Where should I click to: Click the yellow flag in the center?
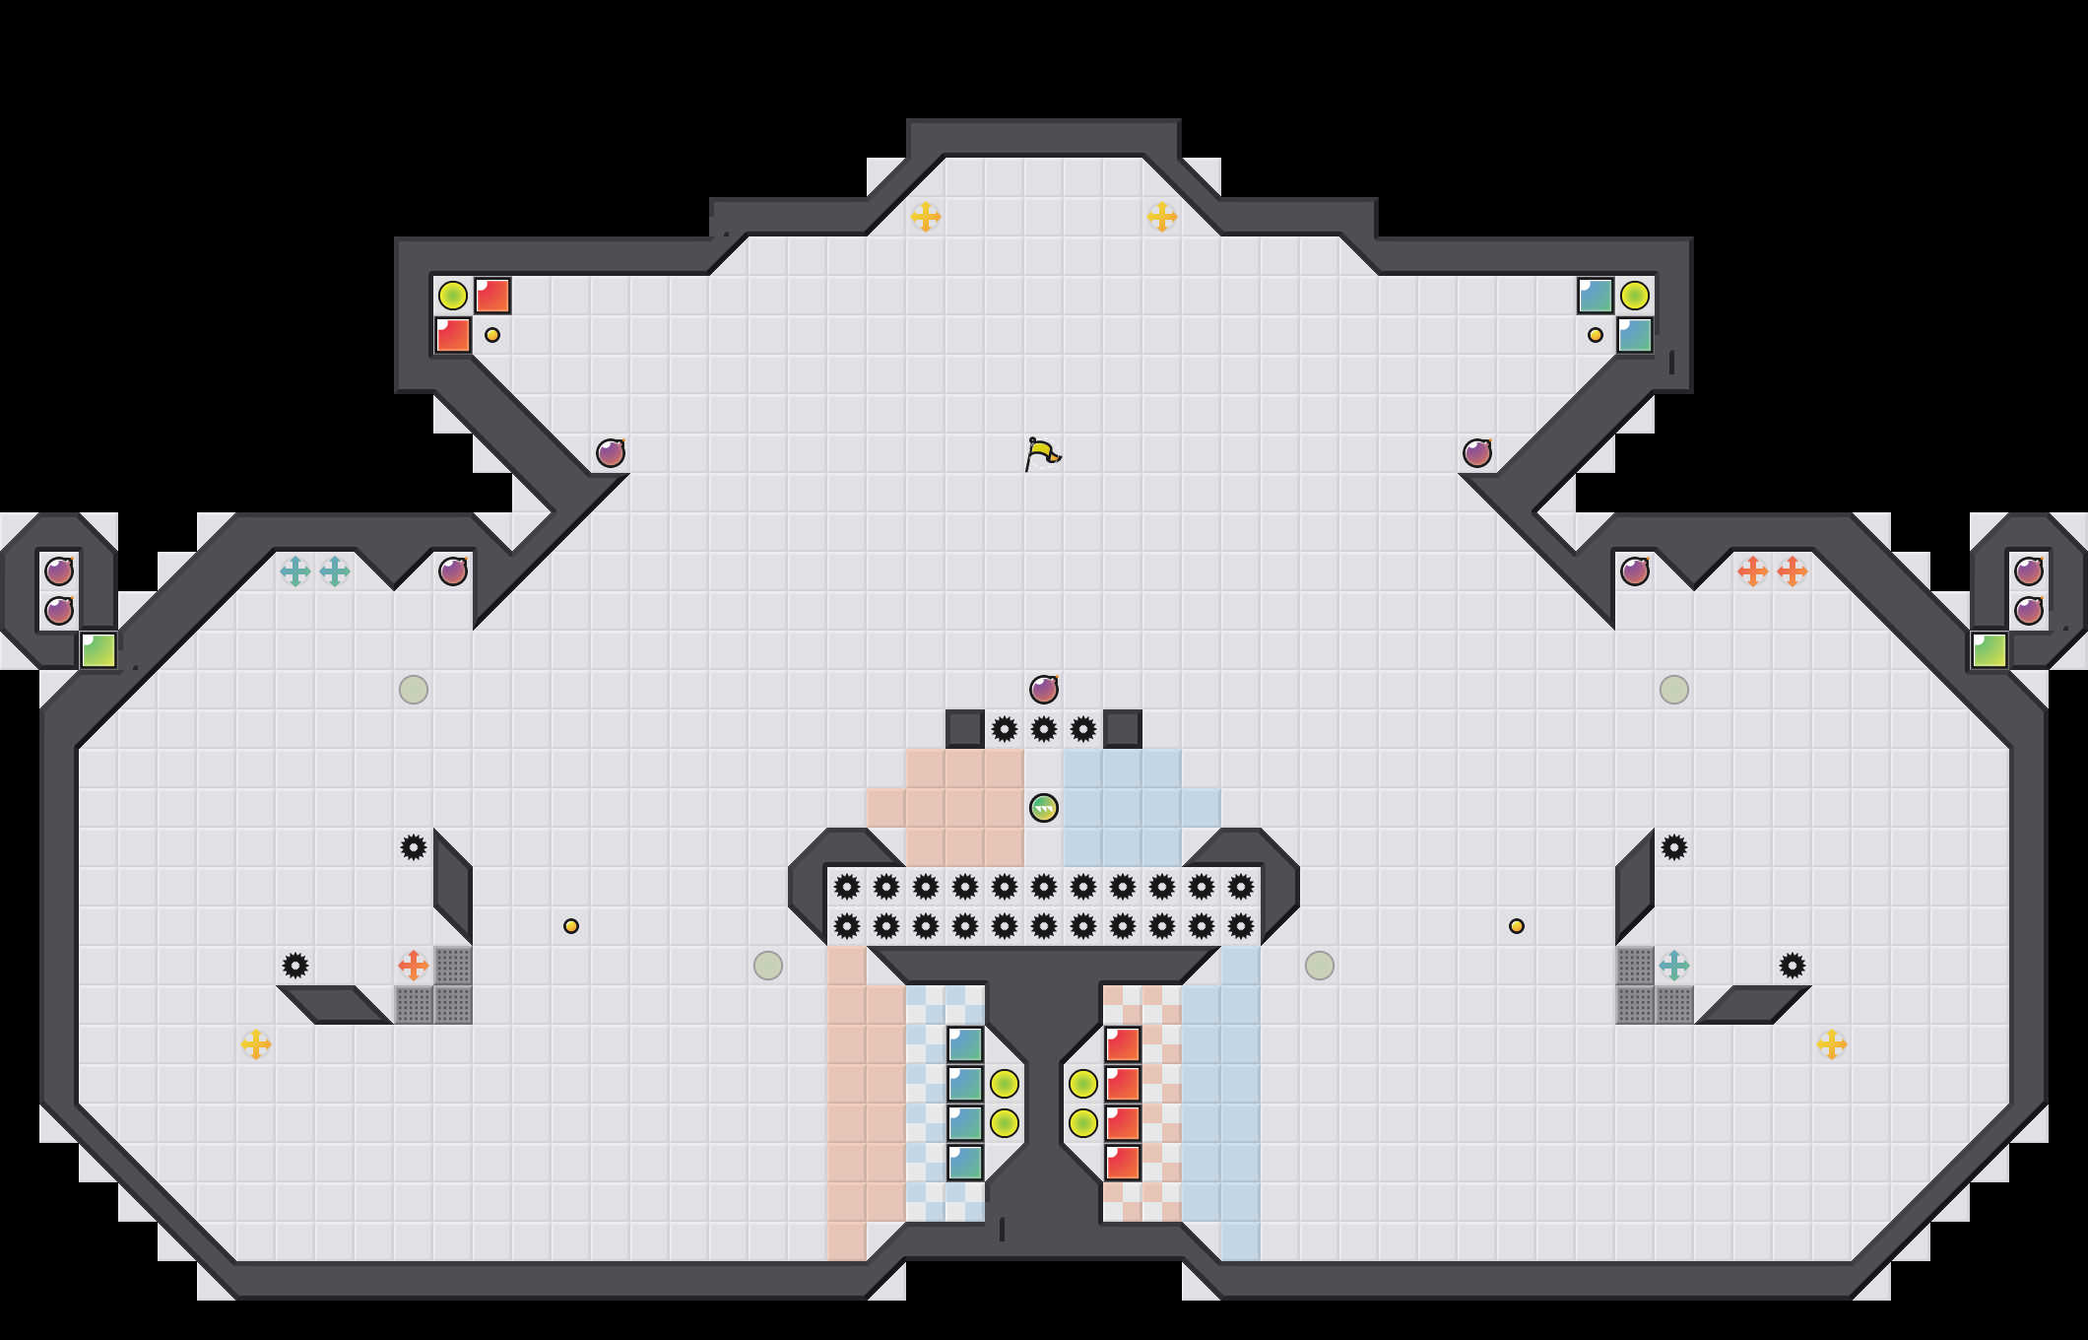1042,454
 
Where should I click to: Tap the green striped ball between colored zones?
1044,808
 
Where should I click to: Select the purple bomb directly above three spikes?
1044,690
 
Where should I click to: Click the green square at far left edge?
98,650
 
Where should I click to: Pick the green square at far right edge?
1990,650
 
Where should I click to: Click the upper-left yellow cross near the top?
926,217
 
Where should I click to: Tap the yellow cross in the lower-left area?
256,1044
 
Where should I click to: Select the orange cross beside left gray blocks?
414,966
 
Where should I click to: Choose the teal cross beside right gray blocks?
1674,966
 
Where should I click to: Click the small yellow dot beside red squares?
492,335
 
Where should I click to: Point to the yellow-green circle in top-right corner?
1635,296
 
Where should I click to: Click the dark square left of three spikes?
965,729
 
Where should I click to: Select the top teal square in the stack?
965,1044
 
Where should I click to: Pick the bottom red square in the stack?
1123,1163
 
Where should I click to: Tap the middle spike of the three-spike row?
1044,729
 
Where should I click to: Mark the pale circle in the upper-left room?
414,690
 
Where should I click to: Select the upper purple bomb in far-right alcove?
2029,571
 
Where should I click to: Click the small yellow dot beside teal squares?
1596,335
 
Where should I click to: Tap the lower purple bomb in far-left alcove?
59,611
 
